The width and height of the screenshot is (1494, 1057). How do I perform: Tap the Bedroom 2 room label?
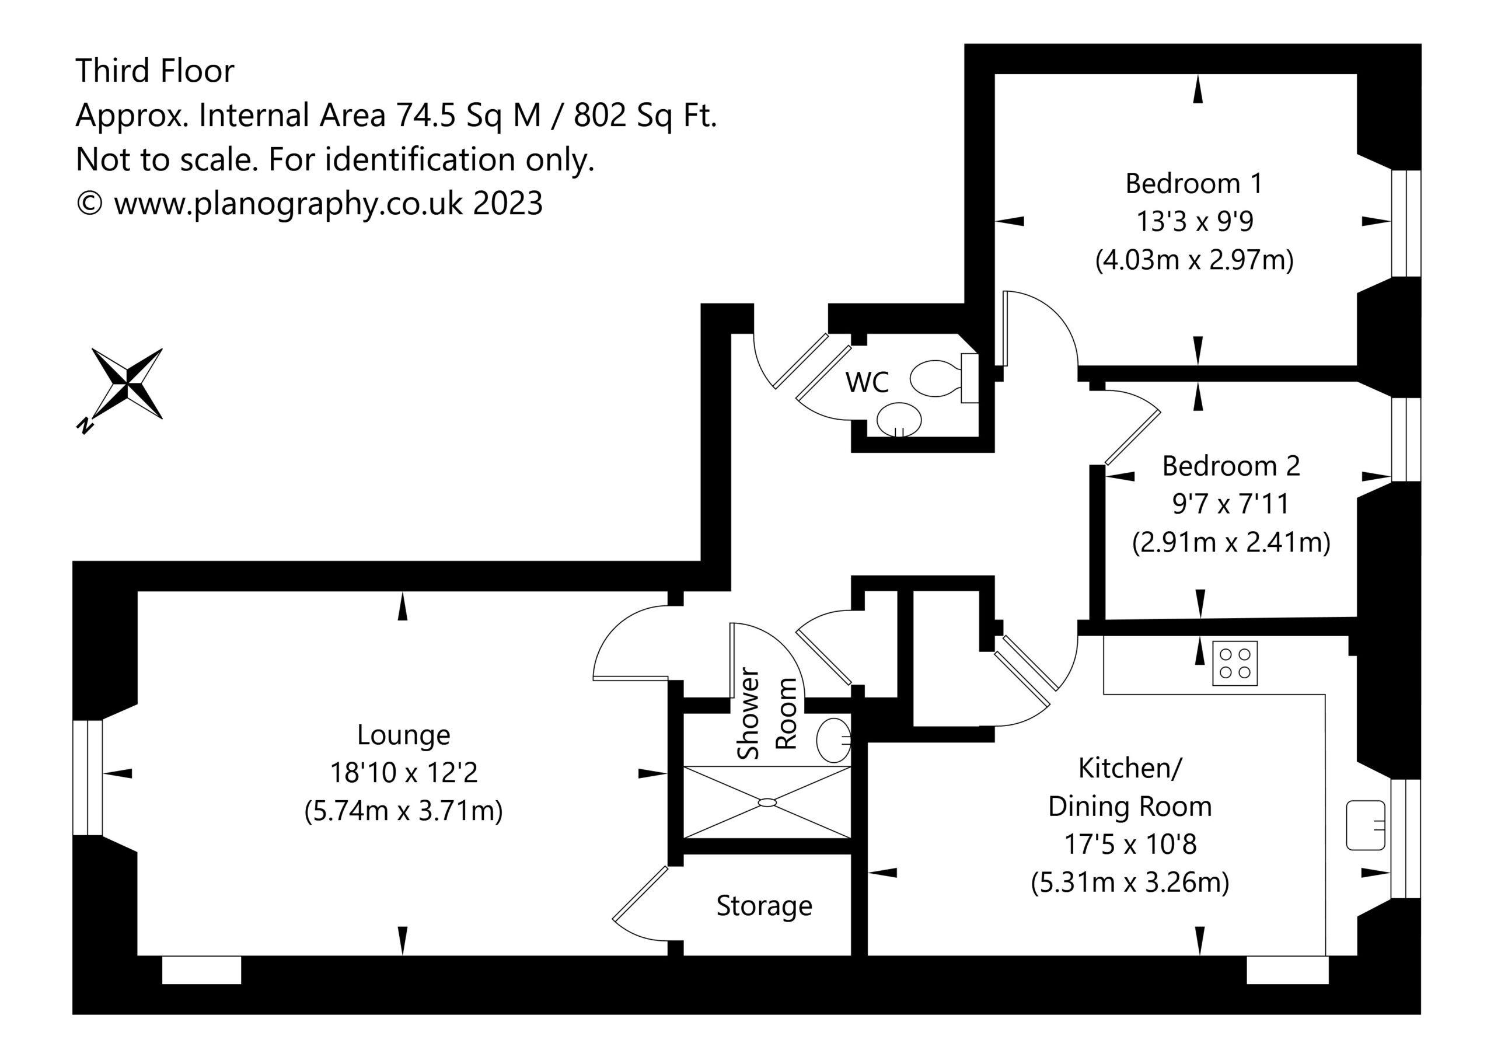pyautogui.click(x=1231, y=466)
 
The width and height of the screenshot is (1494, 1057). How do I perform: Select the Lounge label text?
pyautogui.click(x=403, y=735)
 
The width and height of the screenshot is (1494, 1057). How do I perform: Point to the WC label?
pyautogui.click(x=867, y=383)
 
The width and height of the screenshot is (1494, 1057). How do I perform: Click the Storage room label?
pyautogui.click(x=764, y=906)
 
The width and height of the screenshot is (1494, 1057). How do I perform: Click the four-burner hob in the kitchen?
pyautogui.click(x=1234, y=663)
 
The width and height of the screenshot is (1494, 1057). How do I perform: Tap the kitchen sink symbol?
pyautogui.click(x=1365, y=825)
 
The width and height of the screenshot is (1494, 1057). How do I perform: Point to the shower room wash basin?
pyautogui.click(x=833, y=740)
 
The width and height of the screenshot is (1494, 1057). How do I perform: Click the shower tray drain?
pyautogui.click(x=767, y=803)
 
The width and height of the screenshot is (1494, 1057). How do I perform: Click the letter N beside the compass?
pyautogui.click(x=83, y=426)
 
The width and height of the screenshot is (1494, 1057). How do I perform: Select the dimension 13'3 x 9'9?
pyautogui.click(x=1195, y=222)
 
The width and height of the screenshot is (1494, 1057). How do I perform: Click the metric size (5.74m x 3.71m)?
pyautogui.click(x=403, y=812)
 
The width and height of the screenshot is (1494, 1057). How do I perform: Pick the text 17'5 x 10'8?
pyautogui.click(x=1130, y=844)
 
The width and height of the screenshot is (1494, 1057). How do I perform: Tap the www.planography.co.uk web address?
pyautogui.click(x=289, y=204)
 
